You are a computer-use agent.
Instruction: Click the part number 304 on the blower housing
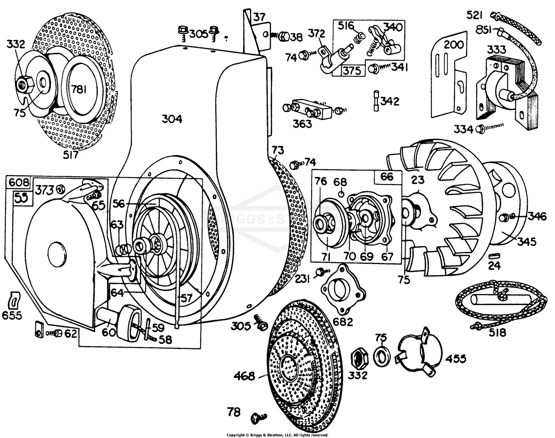172,119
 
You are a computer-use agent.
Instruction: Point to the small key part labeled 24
494,256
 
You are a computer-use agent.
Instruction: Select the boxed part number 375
351,70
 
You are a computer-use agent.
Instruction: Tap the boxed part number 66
387,176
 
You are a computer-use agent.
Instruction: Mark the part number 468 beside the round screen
244,376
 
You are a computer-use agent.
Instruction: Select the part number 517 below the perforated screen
71,155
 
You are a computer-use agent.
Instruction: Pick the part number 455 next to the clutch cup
455,358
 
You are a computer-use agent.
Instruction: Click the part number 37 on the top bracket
259,17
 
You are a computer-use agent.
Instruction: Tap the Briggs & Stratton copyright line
277,435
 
